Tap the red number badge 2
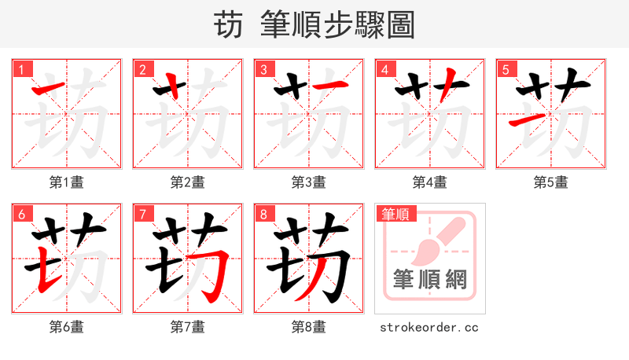pos(143,69)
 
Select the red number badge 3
pos(264,69)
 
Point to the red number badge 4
pos(385,69)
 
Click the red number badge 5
pos(506,69)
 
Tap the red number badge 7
pos(143,214)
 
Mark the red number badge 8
pos(264,214)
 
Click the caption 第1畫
pos(67,182)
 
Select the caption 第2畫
pos(188,182)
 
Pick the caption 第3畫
pos(309,182)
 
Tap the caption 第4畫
pos(430,182)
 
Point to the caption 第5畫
pos(551,182)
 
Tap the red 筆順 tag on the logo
pos(395,214)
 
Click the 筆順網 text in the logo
pos(430,280)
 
